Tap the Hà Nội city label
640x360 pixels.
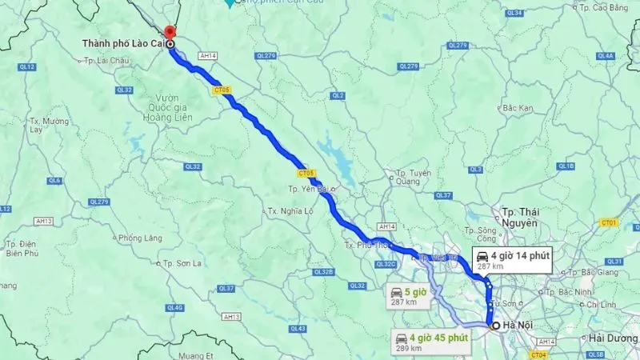[x=512, y=326]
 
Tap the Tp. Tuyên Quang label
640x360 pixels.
[x=414, y=177]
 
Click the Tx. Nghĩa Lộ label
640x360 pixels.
[x=286, y=210]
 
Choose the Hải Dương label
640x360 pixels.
[x=613, y=339]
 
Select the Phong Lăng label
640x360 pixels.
[x=140, y=238]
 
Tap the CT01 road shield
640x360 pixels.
[x=610, y=222]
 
